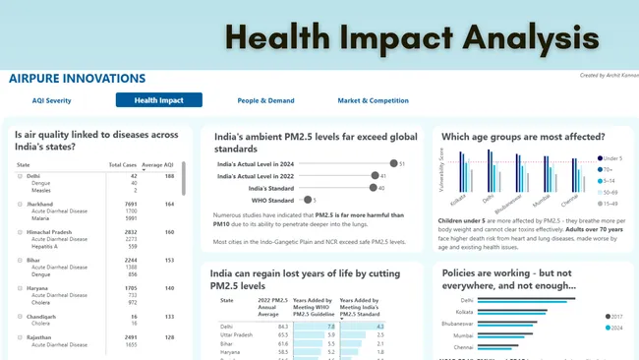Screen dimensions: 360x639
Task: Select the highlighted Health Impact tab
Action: (158, 100)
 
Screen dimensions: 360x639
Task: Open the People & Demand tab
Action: (264, 100)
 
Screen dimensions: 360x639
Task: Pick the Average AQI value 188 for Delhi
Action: (168, 176)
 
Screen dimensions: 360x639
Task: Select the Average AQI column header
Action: (157, 164)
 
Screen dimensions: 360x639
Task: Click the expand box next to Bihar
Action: (19, 261)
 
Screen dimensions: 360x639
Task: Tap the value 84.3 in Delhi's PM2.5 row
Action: (281, 327)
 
